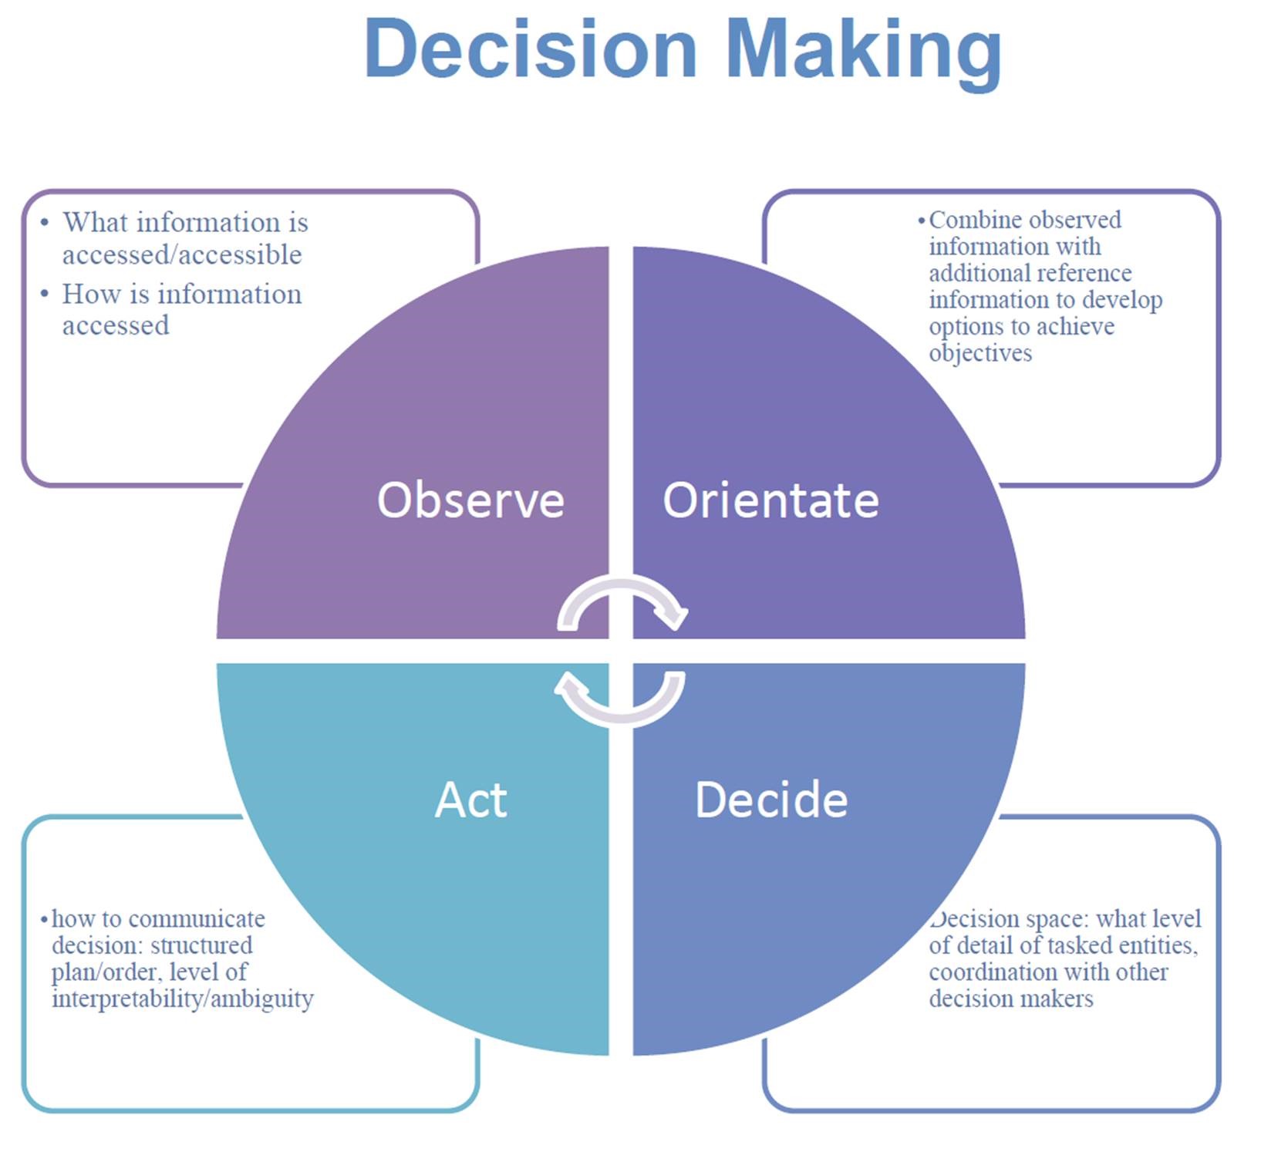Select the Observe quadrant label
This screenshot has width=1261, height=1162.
click(470, 500)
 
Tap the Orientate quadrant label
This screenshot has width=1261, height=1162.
click(770, 500)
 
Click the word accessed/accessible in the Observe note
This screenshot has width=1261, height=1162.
click(182, 255)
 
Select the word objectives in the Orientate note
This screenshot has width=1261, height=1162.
click(980, 353)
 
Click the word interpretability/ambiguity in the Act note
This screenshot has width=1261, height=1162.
click(183, 999)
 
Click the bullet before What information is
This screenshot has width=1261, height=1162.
click(45, 223)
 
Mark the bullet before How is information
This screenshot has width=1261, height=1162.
click(45, 294)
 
